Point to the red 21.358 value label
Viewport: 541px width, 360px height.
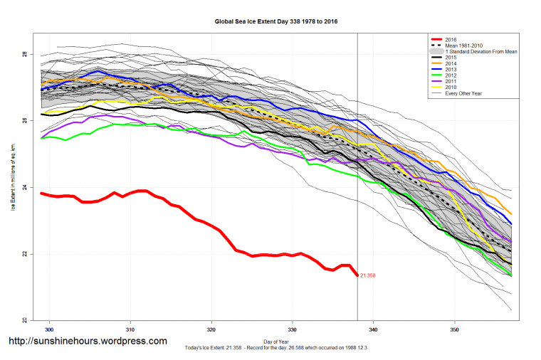[368, 275]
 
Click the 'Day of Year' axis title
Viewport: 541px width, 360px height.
[276, 341]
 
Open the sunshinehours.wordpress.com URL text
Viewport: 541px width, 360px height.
[88, 342]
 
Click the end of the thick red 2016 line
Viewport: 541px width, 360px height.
[357, 275]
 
